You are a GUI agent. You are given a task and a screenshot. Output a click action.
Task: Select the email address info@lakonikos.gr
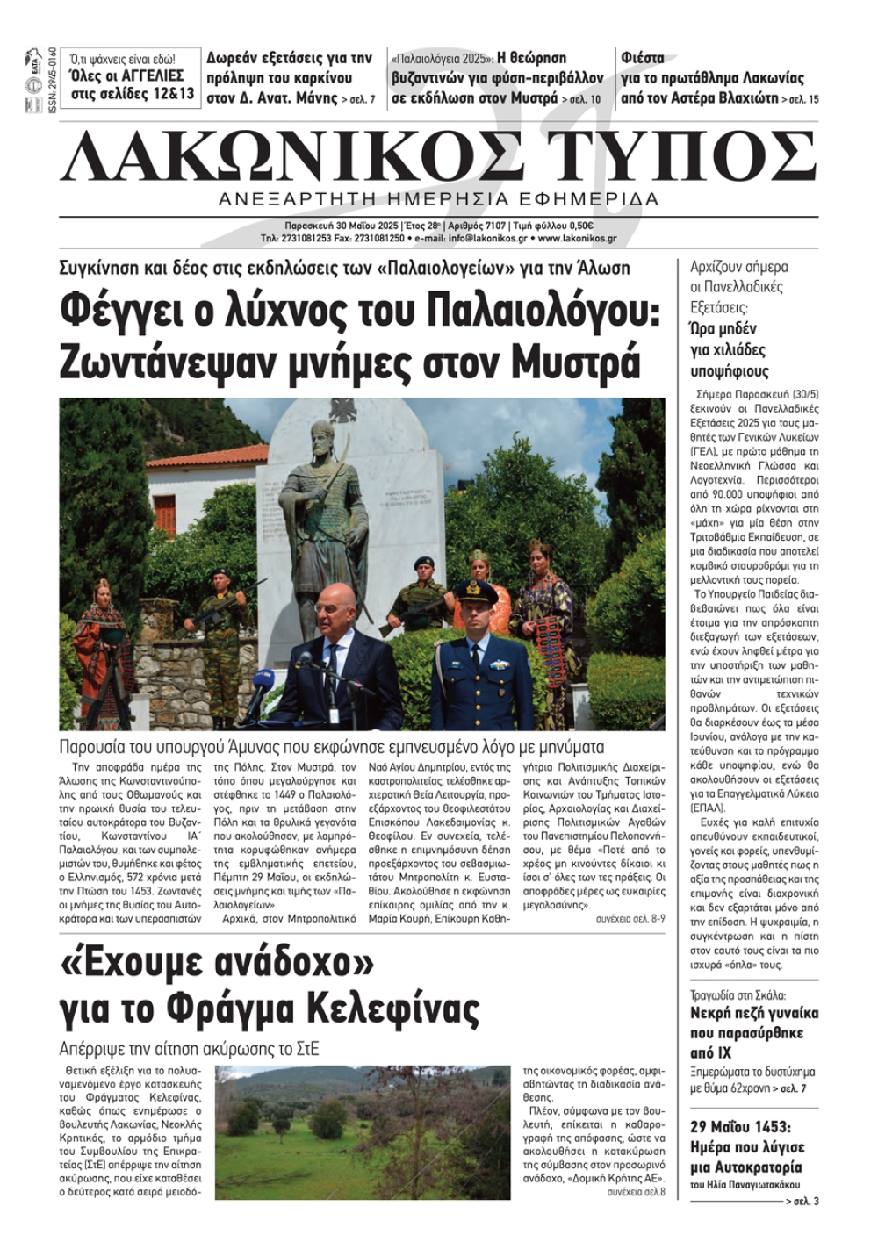[x=478, y=238]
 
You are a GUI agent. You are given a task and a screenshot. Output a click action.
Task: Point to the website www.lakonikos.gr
[x=577, y=238]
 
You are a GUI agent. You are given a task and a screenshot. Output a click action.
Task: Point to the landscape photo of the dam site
[x=362, y=1131]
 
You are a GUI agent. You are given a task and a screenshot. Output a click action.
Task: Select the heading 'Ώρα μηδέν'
[x=723, y=329]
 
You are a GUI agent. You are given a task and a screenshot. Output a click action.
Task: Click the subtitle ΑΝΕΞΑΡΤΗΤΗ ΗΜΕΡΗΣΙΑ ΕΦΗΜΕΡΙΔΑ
[x=438, y=198]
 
